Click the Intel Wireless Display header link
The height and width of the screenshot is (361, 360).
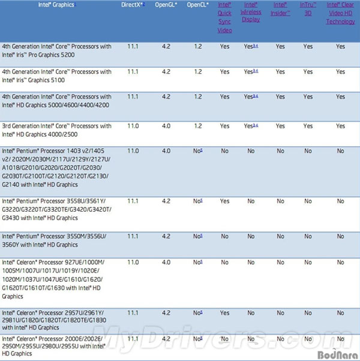[251, 13]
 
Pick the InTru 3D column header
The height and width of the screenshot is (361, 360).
[308, 9]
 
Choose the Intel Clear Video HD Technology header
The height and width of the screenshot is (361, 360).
[340, 13]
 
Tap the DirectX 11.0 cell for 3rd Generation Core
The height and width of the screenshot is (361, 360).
[134, 126]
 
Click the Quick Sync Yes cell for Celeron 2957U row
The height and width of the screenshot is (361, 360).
[224, 312]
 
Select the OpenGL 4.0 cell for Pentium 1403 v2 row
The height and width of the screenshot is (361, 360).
[167, 151]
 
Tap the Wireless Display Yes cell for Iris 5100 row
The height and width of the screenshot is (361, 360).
[251, 72]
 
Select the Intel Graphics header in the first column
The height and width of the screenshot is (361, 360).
[56, 5]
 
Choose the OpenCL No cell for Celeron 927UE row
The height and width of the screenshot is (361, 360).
[197, 262]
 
